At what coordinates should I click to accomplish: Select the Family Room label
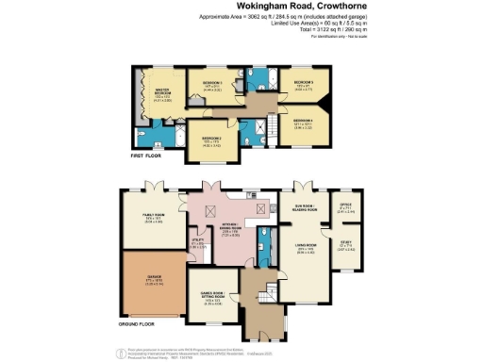point(155,220)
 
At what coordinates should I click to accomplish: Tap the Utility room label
point(197,243)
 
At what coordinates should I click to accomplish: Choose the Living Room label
point(306,250)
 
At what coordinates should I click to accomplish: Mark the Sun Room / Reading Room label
point(306,209)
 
